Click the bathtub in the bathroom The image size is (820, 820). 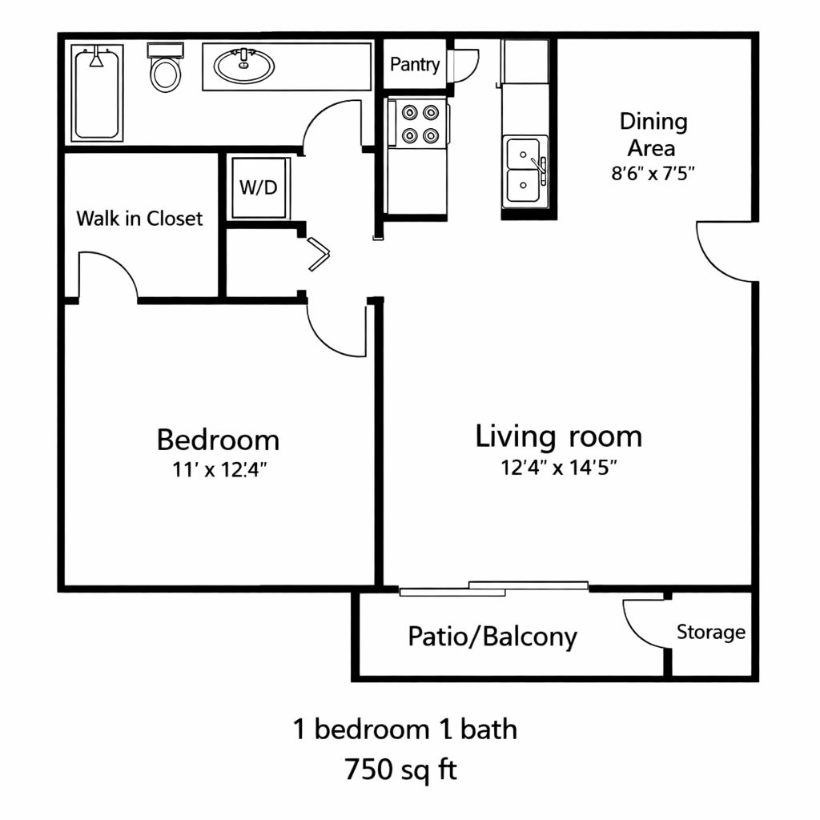tap(97, 93)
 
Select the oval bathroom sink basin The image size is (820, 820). tap(243, 66)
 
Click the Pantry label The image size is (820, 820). tap(415, 65)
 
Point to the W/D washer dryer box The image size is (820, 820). tap(259, 187)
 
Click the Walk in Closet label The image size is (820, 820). tap(139, 219)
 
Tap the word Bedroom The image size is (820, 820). tap(218, 440)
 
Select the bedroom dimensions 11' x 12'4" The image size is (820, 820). tap(219, 469)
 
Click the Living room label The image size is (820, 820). tap(558, 437)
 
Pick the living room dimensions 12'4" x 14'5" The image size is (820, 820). tap(559, 468)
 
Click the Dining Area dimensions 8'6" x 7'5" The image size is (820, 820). tap(653, 173)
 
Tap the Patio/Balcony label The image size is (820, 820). tap(492, 637)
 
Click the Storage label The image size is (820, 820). tap(711, 633)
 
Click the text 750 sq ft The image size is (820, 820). tap(400, 770)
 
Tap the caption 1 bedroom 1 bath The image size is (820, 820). tap(404, 729)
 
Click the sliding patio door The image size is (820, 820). tap(493, 589)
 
